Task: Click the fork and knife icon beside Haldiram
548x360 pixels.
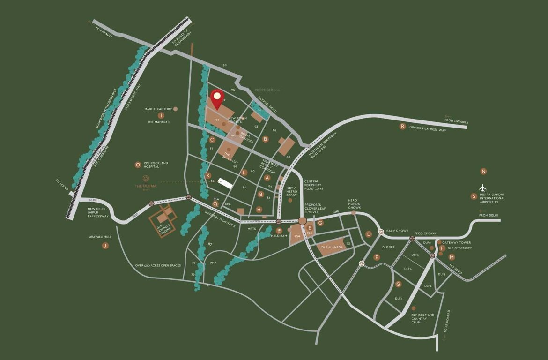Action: coord(279,230)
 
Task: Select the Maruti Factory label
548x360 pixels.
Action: coord(158,109)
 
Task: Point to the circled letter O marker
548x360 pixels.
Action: coord(137,165)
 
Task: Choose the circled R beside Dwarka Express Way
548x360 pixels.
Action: coord(402,126)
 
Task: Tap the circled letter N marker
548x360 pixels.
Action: coord(484,172)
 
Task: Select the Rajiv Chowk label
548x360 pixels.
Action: coord(397,231)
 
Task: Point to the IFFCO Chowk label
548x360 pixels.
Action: coord(425,233)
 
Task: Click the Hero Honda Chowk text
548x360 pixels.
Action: coord(355,203)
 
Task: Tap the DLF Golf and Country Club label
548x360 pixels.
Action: coord(423,319)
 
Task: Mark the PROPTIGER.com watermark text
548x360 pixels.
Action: coord(267,90)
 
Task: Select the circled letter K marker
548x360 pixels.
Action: coord(208,175)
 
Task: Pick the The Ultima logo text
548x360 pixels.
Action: coord(146,186)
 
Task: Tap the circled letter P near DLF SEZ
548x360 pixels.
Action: coord(376,257)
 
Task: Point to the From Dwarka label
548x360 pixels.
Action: coord(457,121)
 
